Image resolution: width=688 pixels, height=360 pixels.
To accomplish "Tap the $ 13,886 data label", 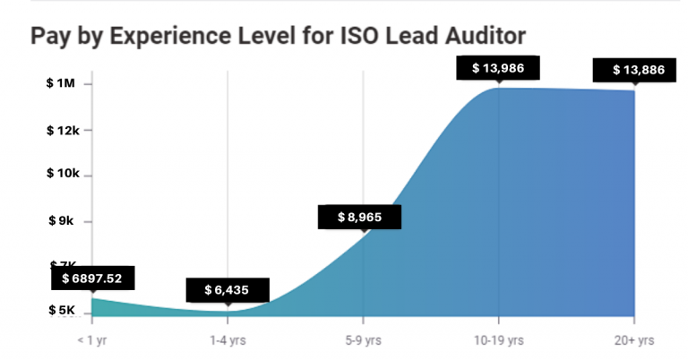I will [x=639, y=70].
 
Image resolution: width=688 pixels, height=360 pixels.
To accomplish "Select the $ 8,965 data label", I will [x=359, y=217].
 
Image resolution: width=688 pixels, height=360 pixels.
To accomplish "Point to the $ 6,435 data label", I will [x=228, y=290].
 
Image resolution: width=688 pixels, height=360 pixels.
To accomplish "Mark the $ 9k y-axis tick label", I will [x=63, y=220].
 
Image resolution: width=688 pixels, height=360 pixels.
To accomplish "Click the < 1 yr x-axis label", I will [x=92, y=340].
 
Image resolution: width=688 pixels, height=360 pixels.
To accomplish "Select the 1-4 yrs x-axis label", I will [x=228, y=340].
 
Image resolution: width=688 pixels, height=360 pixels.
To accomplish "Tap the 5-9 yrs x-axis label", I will [x=363, y=340].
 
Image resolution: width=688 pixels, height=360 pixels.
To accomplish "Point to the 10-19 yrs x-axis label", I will [x=499, y=340].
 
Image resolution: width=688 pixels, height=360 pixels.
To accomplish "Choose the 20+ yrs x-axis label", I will [x=634, y=340].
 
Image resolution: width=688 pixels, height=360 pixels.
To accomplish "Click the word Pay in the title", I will [x=49, y=37].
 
